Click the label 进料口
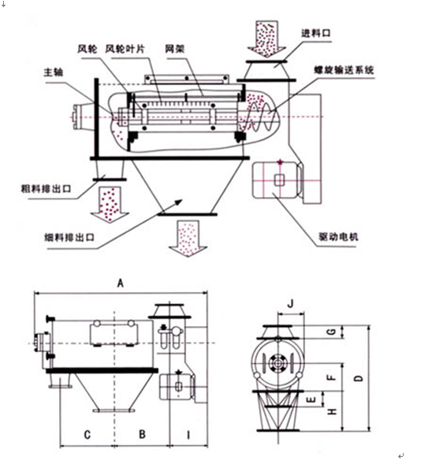[315, 33]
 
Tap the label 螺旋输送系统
[344, 70]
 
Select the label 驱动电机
[338, 236]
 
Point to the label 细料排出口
[69, 237]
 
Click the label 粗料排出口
[46, 189]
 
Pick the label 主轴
[54, 72]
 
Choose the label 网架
[175, 49]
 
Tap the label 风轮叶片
[125, 49]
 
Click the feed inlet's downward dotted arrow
[266, 39]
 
